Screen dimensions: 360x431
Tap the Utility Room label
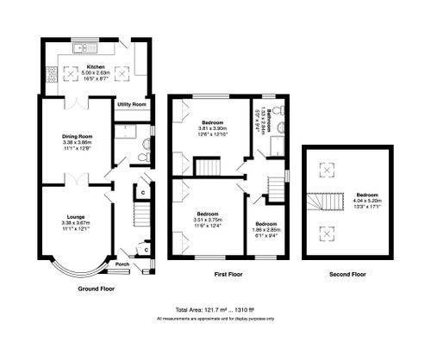click(132, 104)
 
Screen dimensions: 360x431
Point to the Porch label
click(122, 265)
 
